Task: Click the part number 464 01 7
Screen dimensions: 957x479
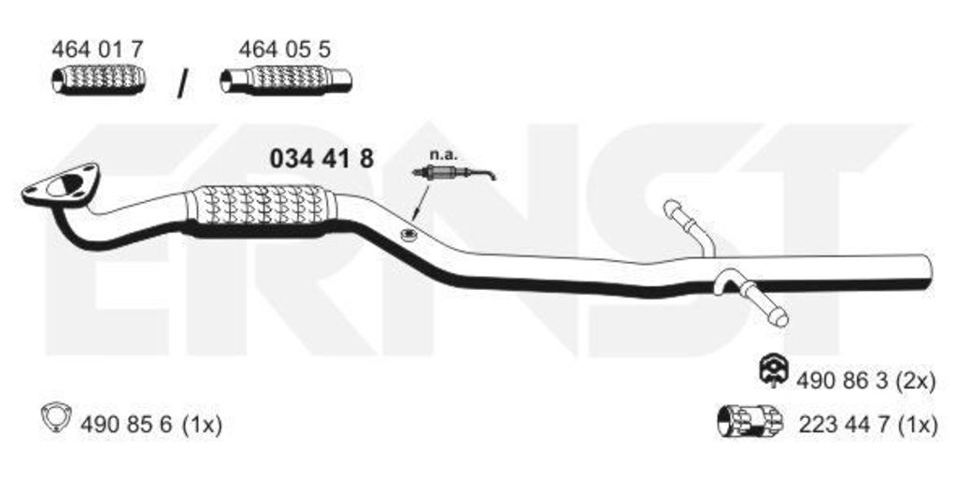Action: click(97, 50)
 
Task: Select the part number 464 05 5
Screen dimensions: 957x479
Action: click(285, 50)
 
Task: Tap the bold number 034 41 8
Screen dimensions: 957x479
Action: click(321, 159)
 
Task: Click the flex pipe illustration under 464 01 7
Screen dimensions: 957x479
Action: click(98, 80)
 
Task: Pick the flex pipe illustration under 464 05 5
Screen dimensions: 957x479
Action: click(286, 80)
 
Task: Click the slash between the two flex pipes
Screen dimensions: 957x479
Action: click(182, 83)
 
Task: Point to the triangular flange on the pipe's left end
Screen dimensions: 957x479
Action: click(61, 184)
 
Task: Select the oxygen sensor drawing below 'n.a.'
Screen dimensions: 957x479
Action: click(453, 174)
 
